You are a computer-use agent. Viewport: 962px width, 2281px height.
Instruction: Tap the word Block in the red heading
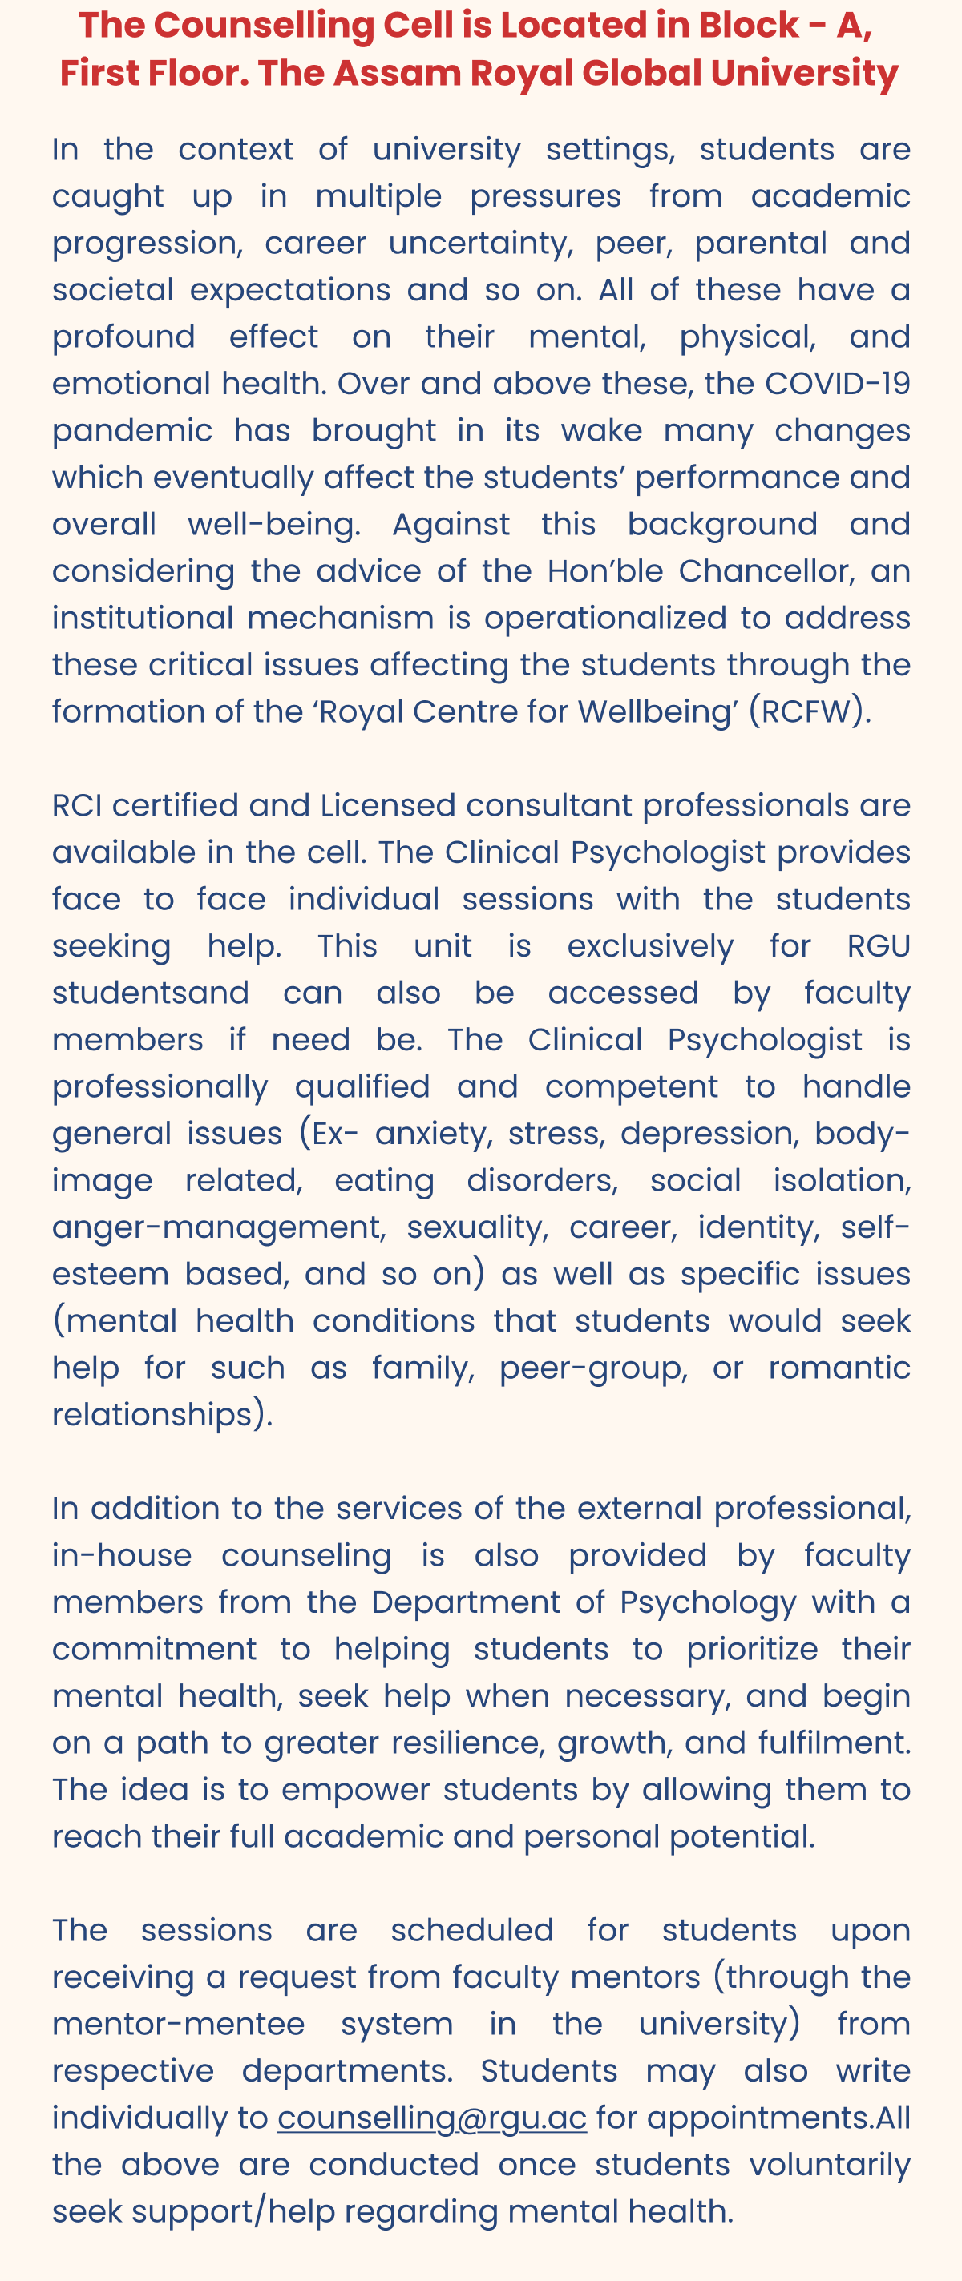click(x=749, y=25)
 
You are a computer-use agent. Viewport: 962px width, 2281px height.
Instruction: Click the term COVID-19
click(x=837, y=384)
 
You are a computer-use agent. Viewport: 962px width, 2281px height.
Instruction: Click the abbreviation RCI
click(x=77, y=806)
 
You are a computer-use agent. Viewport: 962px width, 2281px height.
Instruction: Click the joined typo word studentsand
click(x=151, y=993)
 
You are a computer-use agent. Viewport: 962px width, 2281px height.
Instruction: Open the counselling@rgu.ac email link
click(x=431, y=2118)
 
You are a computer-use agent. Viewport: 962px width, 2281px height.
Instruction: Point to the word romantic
click(x=839, y=1369)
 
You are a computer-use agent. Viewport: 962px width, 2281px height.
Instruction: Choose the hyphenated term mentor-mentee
click(x=178, y=2024)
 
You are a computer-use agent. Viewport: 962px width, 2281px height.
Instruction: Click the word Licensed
click(x=388, y=806)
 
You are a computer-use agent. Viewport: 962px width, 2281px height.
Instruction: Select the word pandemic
click(x=132, y=431)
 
